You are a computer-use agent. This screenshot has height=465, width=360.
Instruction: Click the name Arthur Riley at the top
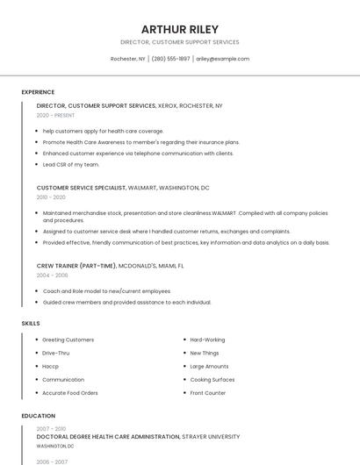pyautogui.click(x=180, y=29)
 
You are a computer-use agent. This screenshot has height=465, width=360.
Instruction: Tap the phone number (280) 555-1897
pyautogui.click(x=170, y=59)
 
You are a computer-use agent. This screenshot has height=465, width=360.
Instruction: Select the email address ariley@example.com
pyautogui.click(x=222, y=59)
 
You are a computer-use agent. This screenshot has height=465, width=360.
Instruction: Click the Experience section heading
pyautogui.click(x=38, y=92)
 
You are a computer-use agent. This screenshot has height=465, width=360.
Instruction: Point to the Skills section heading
pyautogui.click(x=31, y=324)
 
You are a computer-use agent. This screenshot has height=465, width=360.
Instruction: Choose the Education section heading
pyautogui.click(x=39, y=416)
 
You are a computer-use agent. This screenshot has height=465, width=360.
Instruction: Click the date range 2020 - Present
pyautogui.click(x=55, y=115)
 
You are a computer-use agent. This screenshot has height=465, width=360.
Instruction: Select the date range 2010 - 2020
pyautogui.click(x=51, y=197)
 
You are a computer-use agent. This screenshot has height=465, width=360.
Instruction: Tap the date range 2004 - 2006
pyautogui.click(x=52, y=275)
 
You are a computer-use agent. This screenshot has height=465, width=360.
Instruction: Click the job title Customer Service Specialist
pyautogui.click(x=82, y=188)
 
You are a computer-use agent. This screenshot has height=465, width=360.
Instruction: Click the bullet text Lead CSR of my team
pyautogui.click(x=71, y=164)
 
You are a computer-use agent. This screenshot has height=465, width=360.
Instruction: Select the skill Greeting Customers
pyautogui.click(x=68, y=340)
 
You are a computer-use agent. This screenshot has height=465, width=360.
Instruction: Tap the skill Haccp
pyautogui.click(x=50, y=366)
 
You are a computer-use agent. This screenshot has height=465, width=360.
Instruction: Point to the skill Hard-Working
pyautogui.click(x=207, y=340)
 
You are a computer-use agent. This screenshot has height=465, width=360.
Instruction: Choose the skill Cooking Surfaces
pyautogui.click(x=212, y=379)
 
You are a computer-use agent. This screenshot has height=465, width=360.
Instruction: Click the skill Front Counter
pyautogui.click(x=207, y=392)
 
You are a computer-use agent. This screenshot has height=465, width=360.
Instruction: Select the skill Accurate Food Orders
pyautogui.click(x=70, y=392)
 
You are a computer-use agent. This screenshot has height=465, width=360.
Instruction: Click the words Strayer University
pyautogui.click(x=211, y=436)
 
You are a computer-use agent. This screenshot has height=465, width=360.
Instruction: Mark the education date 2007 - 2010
pyautogui.click(x=51, y=428)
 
